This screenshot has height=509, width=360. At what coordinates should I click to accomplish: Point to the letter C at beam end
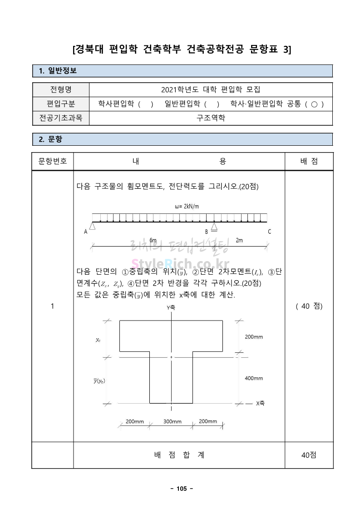pyautogui.click(x=269, y=232)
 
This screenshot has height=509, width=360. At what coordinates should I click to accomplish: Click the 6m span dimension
pyautogui.click(x=153, y=240)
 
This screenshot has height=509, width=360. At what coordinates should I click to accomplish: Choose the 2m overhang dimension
pyautogui.click(x=239, y=240)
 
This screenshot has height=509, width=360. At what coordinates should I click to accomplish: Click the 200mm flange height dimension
pyautogui.click(x=254, y=337)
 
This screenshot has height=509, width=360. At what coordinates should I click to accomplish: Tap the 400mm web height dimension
pyautogui.click(x=254, y=378)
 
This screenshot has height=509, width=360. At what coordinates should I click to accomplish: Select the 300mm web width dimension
pyautogui.click(x=173, y=422)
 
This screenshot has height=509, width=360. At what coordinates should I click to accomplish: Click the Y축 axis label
pyautogui.click(x=171, y=307)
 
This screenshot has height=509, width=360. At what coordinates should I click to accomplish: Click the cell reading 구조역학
pyautogui.click(x=211, y=118)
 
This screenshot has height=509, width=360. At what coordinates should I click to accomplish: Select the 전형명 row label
pyautogui.click(x=61, y=89)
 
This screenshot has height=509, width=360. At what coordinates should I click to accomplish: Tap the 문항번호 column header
pyautogui.click(x=53, y=161)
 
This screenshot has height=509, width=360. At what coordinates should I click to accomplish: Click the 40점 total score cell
pyautogui.click(x=309, y=455)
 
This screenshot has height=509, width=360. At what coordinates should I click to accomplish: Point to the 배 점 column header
pyautogui.click(x=309, y=161)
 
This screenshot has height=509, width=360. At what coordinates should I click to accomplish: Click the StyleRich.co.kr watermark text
pyautogui.click(x=180, y=263)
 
